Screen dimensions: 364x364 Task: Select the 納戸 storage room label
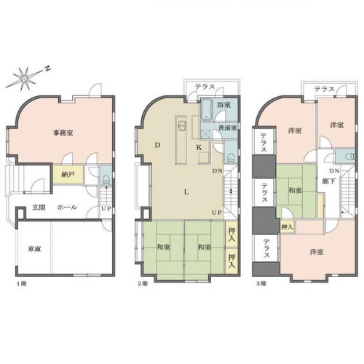(x=67, y=175)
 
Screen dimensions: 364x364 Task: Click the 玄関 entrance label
(x=38, y=207)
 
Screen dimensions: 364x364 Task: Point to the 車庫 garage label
(x=34, y=248)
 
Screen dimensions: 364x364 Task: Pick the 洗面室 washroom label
(x=225, y=129)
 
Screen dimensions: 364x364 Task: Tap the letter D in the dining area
(x=157, y=146)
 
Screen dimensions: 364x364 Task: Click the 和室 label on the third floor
(x=296, y=190)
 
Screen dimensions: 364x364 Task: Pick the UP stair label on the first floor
(x=107, y=208)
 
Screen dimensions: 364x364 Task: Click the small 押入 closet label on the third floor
(x=287, y=228)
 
